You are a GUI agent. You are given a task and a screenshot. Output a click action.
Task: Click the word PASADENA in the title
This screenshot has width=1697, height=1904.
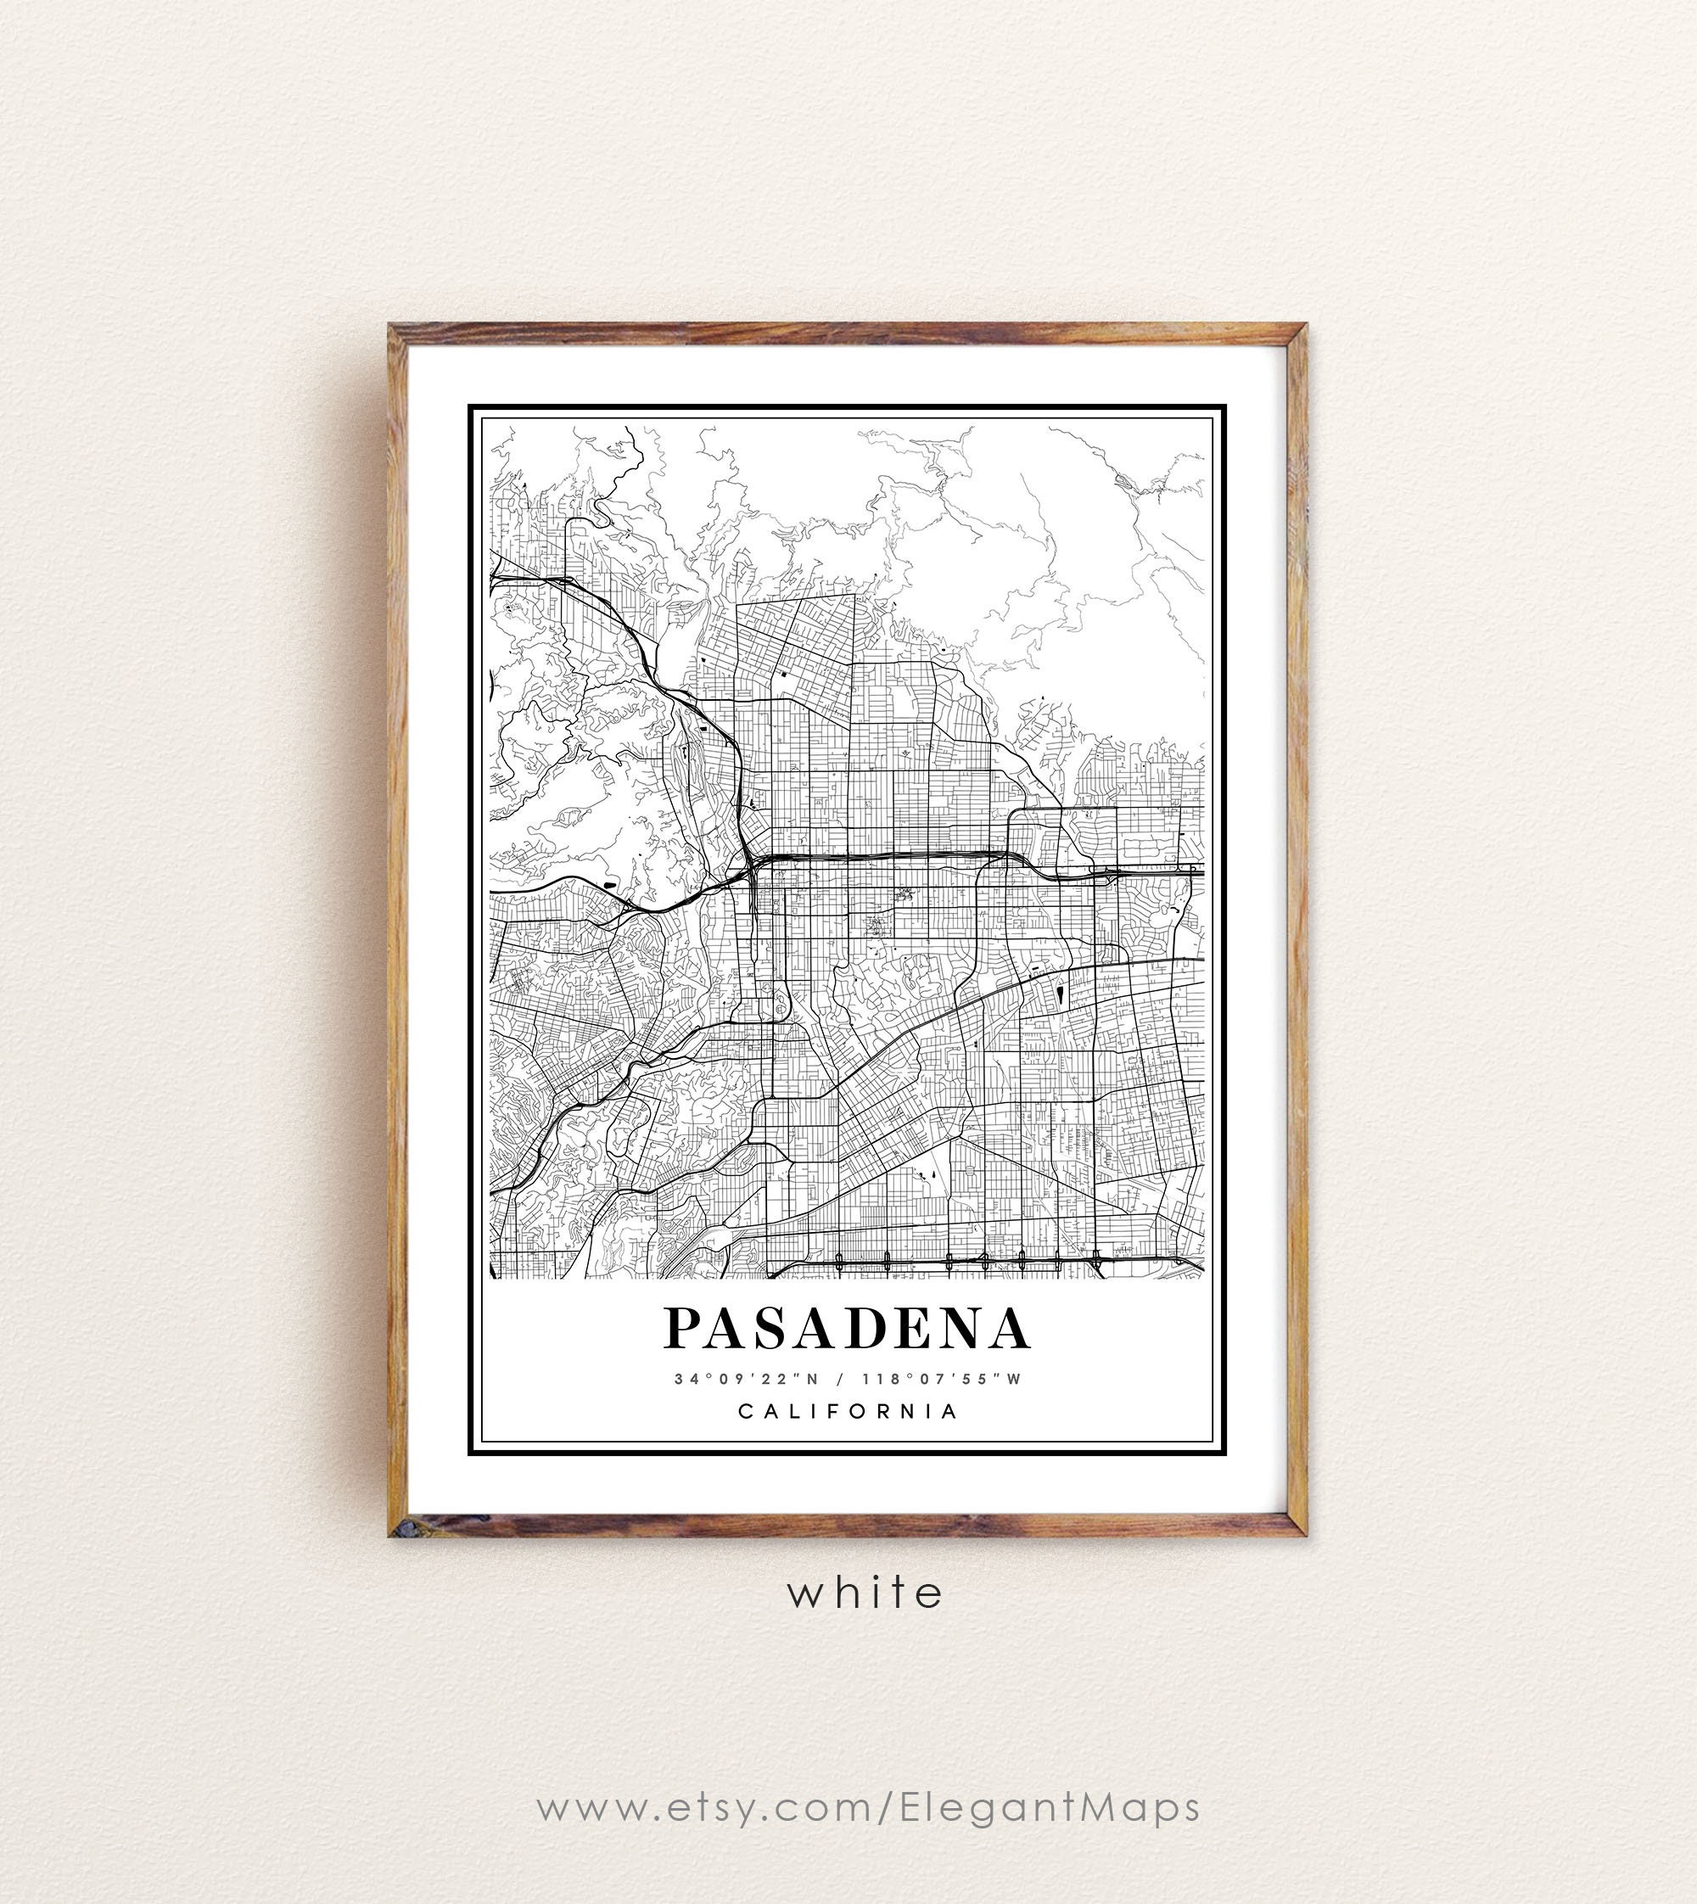click(847, 1328)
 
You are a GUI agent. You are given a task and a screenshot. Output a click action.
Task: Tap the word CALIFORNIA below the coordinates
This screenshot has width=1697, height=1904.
click(848, 1411)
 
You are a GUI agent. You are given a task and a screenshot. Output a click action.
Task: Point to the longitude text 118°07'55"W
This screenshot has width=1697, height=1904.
click(942, 1379)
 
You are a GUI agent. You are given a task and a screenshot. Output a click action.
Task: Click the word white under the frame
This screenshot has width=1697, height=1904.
click(865, 1593)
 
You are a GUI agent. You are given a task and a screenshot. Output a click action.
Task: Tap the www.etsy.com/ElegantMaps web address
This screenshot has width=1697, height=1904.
click(867, 1807)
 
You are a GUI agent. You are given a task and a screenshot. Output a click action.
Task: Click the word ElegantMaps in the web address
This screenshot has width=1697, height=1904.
click(1050, 1807)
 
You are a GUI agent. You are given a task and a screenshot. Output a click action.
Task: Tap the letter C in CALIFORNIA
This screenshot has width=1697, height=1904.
click(746, 1411)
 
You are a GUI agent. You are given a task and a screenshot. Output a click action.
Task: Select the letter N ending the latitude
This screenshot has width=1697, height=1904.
click(812, 1379)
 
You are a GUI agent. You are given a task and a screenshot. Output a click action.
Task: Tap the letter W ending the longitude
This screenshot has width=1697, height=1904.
click(1016, 1379)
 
